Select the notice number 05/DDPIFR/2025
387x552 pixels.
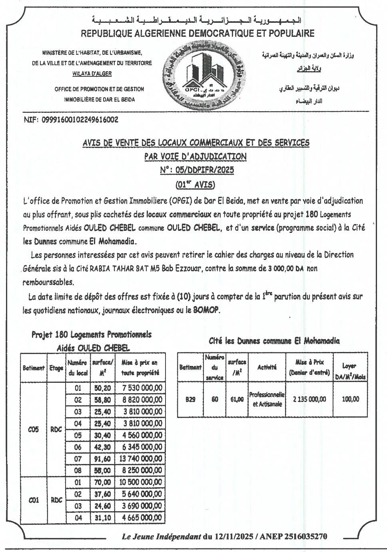tap(197, 170)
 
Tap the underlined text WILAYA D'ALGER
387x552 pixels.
tap(92, 74)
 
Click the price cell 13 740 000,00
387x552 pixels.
tap(142, 459)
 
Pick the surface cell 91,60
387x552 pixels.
tap(102, 459)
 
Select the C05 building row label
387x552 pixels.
tap(34, 430)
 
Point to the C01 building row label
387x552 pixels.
tap(34, 500)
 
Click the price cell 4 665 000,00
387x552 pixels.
tap(142, 518)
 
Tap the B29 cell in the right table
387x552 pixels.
tap(190, 399)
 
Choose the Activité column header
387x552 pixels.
tap(267, 367)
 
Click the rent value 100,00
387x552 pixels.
tap(350, 399)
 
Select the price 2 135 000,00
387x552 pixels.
tap(309, 399)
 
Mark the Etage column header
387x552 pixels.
tap(56, 368)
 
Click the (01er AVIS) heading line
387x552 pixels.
tap(195, 184)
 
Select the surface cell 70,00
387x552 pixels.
tap(102, 482)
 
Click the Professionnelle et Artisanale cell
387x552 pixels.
tap(267, 399)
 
